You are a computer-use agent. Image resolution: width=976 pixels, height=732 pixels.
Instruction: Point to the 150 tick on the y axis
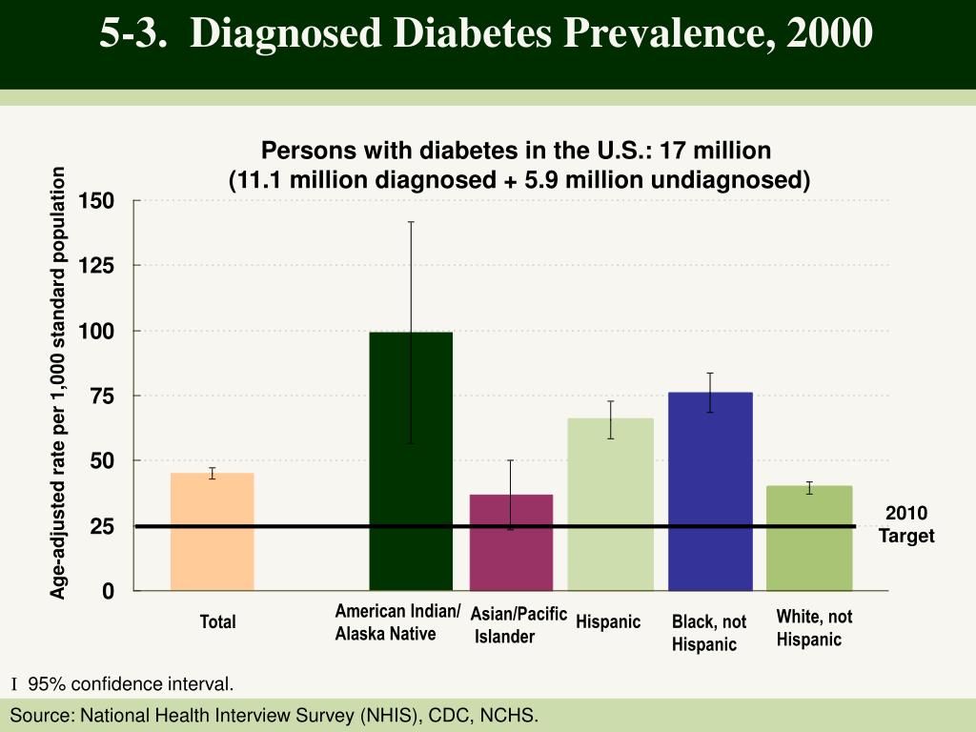click(96, 201)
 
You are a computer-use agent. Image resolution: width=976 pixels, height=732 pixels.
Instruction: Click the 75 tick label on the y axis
click(102, 396)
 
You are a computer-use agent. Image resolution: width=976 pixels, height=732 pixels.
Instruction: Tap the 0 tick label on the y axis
click(108, 592)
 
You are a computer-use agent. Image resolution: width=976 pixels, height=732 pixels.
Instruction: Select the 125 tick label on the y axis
click(96, 266)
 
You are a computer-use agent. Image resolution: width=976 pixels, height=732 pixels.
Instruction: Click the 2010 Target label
click(906, 525)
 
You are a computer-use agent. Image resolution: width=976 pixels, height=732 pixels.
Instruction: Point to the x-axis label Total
click(217, 622)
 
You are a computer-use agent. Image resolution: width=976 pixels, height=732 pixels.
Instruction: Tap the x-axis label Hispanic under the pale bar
click(608, 622)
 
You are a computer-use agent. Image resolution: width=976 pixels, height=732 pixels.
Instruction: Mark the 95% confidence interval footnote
click(130, 684)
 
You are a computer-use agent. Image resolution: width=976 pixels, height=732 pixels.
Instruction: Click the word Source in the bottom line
click(40, 715)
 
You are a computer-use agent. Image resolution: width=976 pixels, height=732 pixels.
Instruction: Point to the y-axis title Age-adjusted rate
click(59, 381)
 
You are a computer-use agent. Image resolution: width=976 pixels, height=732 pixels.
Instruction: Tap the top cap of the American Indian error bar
click(411, 222)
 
